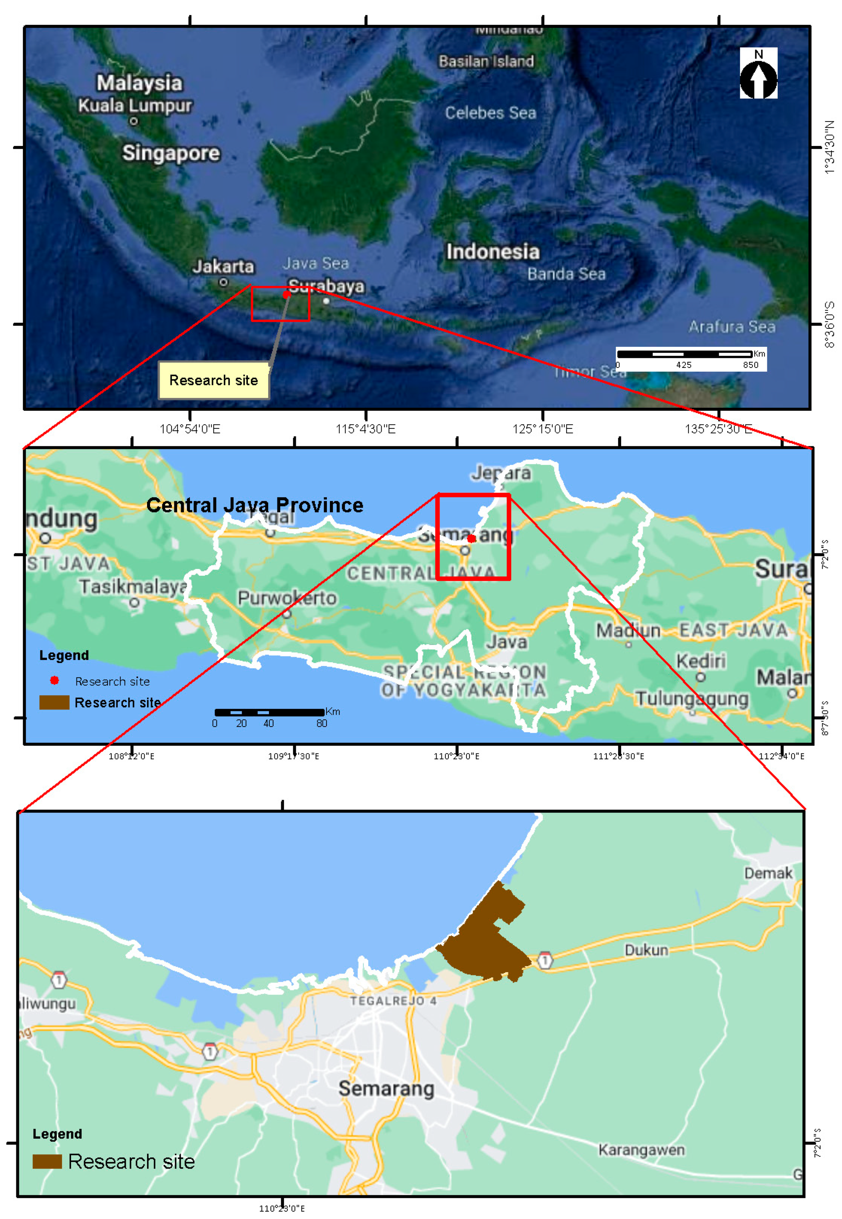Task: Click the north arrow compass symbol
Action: [x=758, y=74]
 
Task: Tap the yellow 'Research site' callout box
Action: [x=214, y=380]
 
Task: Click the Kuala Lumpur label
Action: [x=135, y=105]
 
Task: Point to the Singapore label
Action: [x=171, y=153]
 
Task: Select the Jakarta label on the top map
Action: [x=223, y=266]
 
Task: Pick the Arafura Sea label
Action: [x=732, y=327]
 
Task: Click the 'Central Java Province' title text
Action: [x=255, y=505]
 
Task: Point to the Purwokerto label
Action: [x=287, y=598]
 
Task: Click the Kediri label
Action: [x=701, y=661]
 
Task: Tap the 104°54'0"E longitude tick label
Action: [x=190, y=429]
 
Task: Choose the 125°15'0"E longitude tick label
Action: [x=543, y=429]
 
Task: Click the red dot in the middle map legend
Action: [x=54, y=681]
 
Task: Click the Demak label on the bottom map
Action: [x=768, y=873]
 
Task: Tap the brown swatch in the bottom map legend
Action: [x=48, y=1161]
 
